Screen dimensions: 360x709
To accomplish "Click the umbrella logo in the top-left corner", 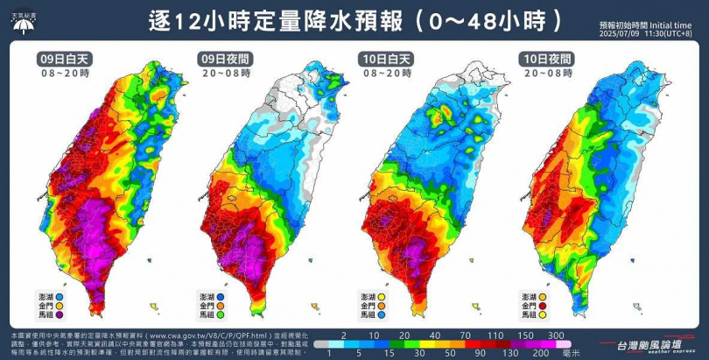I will coord(21,22).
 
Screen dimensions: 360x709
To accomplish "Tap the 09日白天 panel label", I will coord(63,59).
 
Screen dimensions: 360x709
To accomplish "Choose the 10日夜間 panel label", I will coord(541,59).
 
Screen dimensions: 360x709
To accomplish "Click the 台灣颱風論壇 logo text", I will coord(651,345).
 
